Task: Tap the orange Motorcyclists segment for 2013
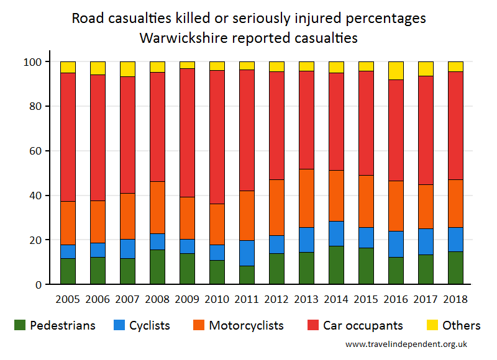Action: tap(306, 198)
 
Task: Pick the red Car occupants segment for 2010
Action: tap(217, 137)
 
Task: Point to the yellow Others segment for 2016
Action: tap(396, 70)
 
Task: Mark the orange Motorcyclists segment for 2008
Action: tap(157, 207)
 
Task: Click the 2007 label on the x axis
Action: tap(127, 299)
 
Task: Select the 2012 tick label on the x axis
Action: tap(276, 299)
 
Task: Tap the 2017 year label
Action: tap(426, 299)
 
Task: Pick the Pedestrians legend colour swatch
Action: tap(20, 325)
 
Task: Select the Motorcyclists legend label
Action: tap(246, 325)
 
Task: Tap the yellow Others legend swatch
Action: tap(432, 325)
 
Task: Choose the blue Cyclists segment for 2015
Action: tap(366, 238)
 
